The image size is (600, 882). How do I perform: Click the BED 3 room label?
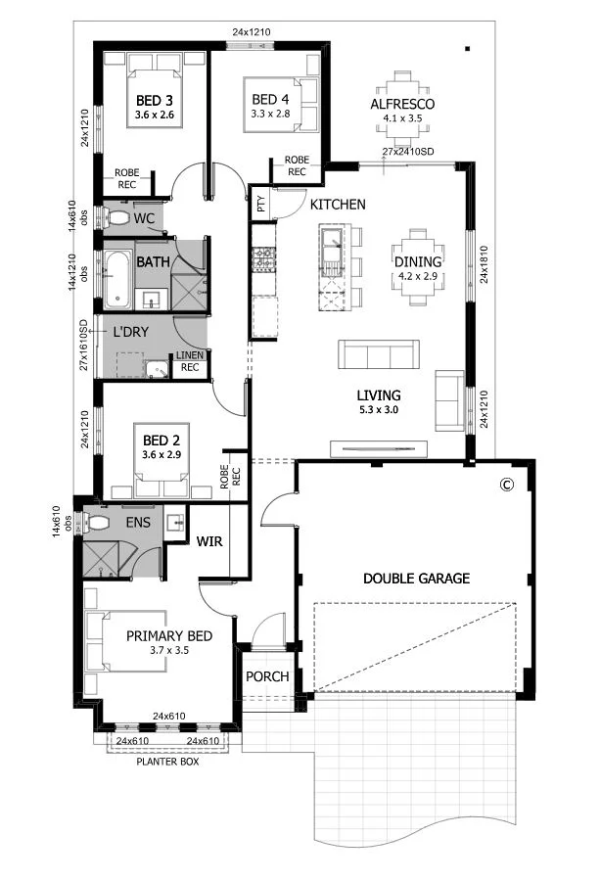click(154, 101)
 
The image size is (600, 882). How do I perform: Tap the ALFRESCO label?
click(402, 104)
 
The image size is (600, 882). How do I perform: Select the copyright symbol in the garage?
click(507, 485)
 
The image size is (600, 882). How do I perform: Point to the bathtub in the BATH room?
click(116, 280)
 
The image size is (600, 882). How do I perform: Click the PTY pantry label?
click(261, 204)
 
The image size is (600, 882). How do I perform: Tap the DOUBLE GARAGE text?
click(416, 579)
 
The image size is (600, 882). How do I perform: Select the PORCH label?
click(267, 676)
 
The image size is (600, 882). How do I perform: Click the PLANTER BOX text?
click(167, 762)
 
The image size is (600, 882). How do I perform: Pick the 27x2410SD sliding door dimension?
click(408, 152)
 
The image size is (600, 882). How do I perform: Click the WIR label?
click(209, 541)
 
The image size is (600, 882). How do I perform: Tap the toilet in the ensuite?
click(97, 523)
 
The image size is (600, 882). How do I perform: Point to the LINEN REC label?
click(190, 361)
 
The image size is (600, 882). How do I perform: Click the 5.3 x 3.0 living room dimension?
click(379, 409)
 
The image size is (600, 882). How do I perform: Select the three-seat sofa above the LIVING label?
click(379, 354)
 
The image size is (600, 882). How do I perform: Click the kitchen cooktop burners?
click(263, 257)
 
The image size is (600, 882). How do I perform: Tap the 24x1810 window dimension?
click(485, 263)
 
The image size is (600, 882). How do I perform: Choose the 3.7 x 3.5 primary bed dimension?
click(169, 650)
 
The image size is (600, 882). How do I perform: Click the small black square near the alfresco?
click(467, 49)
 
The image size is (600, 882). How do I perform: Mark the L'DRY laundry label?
click(130, 332)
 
